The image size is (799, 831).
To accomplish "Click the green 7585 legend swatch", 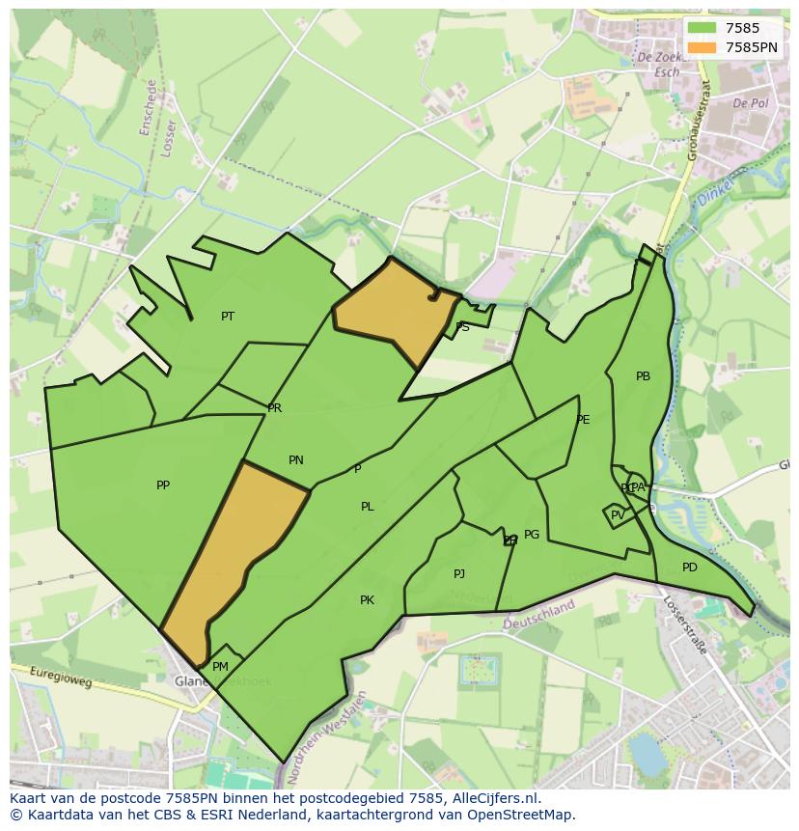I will click(x=702, y=29).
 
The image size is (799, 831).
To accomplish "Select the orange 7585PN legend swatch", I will click(x=702, y=47).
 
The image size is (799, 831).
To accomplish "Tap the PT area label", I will click(x=228, y=317).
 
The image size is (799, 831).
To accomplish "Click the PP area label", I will click(x=163, y=485).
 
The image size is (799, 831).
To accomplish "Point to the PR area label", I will click(x=275, y=408).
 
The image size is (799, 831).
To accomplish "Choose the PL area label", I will click(x=368, y=507).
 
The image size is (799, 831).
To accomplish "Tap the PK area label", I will click(x=367, y=600).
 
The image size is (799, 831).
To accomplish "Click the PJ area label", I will click(x=459, y=574).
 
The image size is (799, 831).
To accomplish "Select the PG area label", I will click(x=532, y=535).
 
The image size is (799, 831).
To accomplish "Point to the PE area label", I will click(x=583, y=420).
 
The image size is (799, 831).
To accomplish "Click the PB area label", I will click(x=643, y=376).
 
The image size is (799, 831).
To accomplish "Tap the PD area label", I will click(x=689, y=568).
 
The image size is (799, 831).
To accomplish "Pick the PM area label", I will click(x=220, y=667).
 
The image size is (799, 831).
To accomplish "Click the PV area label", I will click(x=618, y=515).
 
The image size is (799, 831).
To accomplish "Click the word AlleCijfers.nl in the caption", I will click(x=494, y=798).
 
